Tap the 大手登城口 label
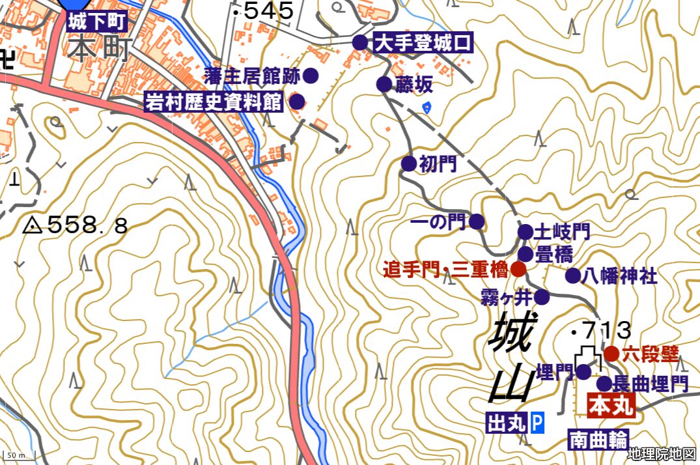[x=423, y=43]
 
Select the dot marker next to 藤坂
[x=384, y=84]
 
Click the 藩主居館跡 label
[x=251, y=76]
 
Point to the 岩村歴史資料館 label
[x=214, y=102]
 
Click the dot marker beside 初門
[x=408, y=163]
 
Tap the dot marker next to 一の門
[x=477, y=222]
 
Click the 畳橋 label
[x=553, y=254]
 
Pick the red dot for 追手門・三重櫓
[x=518, y=268]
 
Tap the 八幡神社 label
[x=620, y=276]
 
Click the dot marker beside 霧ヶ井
[x=542, y=298]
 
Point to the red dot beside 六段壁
[x=611, y=354]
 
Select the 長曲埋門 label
[x=651, y=384]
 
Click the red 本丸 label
[x=611, y=407]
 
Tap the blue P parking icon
[x=537, y=423]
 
